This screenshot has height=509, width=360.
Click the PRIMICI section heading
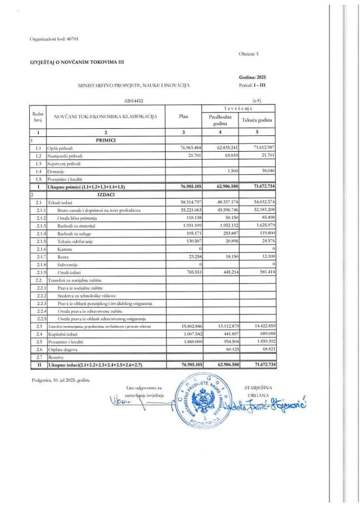click(x=106, y=140)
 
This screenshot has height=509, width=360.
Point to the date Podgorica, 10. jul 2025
click(x=60, y=380)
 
